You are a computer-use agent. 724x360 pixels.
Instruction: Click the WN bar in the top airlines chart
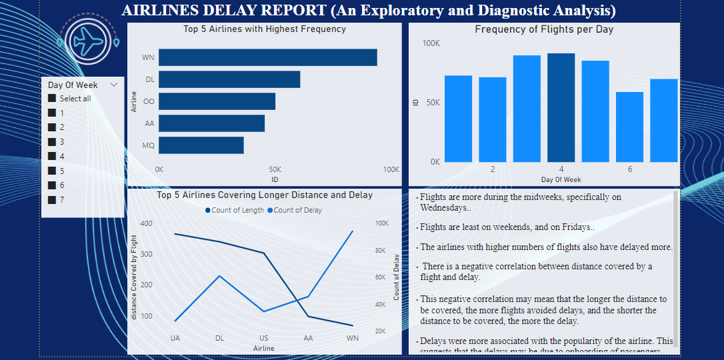[x=267, y=57]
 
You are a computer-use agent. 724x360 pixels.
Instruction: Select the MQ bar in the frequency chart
[x=201, y=145]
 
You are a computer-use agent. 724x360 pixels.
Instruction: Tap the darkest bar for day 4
[x=561, y=107]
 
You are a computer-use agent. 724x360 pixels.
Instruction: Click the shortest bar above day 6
[x=629, y=127]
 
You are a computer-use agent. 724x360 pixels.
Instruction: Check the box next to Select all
[x=52, y=99]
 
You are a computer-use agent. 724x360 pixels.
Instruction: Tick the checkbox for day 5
[x=52, y=171]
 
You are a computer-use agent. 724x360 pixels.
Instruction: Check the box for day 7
[x=52, y=199]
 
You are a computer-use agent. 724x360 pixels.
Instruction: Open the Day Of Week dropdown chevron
[x=114, y=85]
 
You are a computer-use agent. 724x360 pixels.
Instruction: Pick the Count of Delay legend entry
[x=295, y=210]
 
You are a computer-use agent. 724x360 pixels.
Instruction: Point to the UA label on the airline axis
[x=175, y=338]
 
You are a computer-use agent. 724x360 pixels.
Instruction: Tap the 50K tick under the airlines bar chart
[x=275, y=169]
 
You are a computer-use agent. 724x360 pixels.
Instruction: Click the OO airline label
[x=149, y=101]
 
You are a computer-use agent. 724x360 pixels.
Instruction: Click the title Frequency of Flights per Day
[x=544, y=29]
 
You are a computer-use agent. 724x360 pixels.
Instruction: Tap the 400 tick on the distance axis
[x=146, y=224]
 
